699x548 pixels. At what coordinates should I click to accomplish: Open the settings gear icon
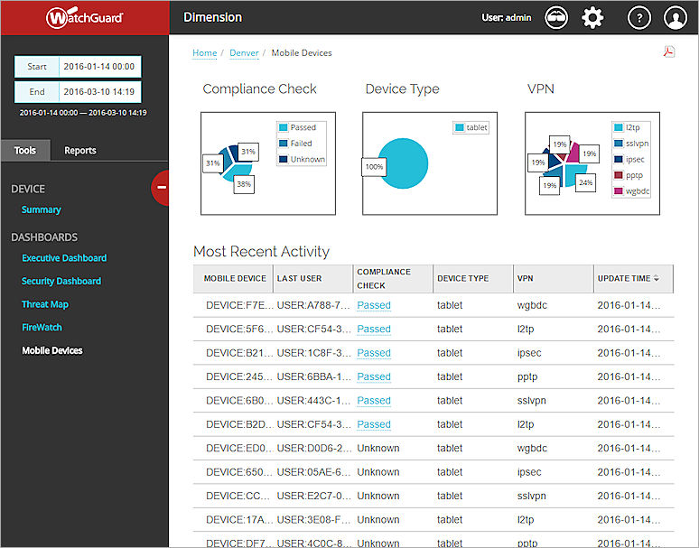592,17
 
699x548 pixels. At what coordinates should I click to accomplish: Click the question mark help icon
638,17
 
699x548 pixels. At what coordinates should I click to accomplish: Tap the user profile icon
676,17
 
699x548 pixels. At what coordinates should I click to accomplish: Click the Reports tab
79,150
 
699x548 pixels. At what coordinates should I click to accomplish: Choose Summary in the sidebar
42,209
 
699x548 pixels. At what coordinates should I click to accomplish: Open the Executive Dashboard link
64,258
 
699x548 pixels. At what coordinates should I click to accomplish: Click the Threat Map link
45,304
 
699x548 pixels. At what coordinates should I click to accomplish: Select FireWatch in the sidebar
42,328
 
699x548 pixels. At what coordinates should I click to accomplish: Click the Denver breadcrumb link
244,53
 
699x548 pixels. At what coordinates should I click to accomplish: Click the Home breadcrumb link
204,53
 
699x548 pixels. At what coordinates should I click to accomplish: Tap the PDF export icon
669,51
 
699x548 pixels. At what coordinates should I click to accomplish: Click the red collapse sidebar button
162,187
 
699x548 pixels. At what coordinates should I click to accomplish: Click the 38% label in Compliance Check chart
244,182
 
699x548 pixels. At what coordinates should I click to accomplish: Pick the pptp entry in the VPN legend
635,175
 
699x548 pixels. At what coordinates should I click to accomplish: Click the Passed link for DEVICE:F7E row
374,305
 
